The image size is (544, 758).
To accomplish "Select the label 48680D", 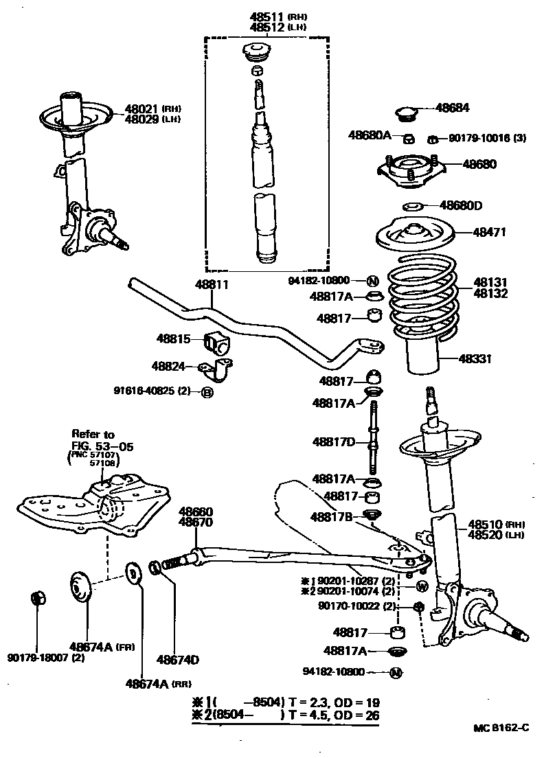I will coord(461,205).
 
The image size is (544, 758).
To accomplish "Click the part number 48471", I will coord(489,232).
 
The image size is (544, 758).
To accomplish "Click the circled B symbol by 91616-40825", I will coord(207,393).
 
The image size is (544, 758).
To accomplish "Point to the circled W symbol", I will coord(422,586).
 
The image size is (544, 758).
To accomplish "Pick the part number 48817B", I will coord(332,516).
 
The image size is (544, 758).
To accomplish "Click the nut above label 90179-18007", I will coord(38,598).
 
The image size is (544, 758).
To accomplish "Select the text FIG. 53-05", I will coord(102,446).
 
